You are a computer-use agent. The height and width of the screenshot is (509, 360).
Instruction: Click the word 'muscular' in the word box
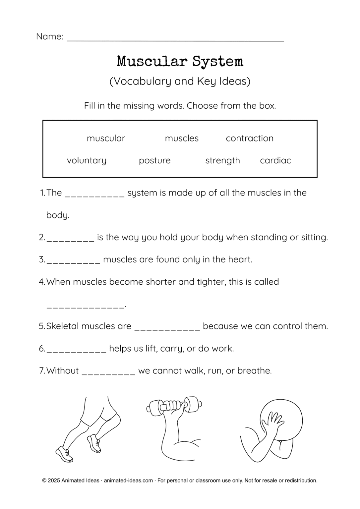coord(106,138)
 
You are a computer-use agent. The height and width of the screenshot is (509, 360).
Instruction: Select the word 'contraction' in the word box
coord(250,138)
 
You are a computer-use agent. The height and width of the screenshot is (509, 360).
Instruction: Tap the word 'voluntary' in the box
coord(87,160)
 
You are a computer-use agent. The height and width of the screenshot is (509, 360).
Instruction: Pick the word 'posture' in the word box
coord(154,160)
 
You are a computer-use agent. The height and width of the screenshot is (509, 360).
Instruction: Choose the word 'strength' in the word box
coord(222,160)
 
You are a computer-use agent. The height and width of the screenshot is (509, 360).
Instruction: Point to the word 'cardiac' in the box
coord(275,160)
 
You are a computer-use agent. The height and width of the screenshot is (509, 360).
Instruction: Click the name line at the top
coord(175,39)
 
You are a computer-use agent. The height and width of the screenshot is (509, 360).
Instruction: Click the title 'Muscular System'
coord(180,61)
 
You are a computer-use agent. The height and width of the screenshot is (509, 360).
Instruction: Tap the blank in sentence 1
coord(94,195)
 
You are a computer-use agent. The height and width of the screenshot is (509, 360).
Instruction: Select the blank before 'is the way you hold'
coord(70,239)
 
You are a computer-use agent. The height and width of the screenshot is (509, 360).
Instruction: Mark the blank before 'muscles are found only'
coord(73,261)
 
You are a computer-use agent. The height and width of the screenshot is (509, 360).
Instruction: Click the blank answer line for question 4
coord(86,307)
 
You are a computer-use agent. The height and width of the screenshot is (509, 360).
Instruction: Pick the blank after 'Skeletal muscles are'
coord(167,328)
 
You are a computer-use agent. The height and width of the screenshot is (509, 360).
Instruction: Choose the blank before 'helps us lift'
coord(76,350)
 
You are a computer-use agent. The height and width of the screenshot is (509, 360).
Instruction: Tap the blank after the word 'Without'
coord(108,372)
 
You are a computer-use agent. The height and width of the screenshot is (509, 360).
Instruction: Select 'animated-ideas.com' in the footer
coord(128,481)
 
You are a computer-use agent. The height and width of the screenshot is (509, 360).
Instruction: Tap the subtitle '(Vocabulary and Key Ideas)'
coord(180,81)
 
